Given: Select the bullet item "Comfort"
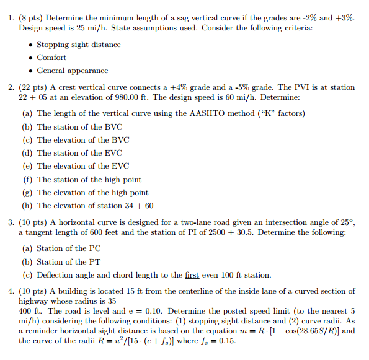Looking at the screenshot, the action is pos(51,58).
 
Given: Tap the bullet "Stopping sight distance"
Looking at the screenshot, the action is pos(79,45).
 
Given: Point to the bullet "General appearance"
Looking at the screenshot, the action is pos(72,71).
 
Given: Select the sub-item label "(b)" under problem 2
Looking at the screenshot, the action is pos(27,127).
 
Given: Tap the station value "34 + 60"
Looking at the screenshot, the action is pos(140,206).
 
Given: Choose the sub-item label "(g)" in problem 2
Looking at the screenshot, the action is pos(27,193).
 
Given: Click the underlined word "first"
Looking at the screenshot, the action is pos(190,275).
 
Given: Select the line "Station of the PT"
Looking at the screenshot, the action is pos(69,262).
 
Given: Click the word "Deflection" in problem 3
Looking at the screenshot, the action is pos(56,275).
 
